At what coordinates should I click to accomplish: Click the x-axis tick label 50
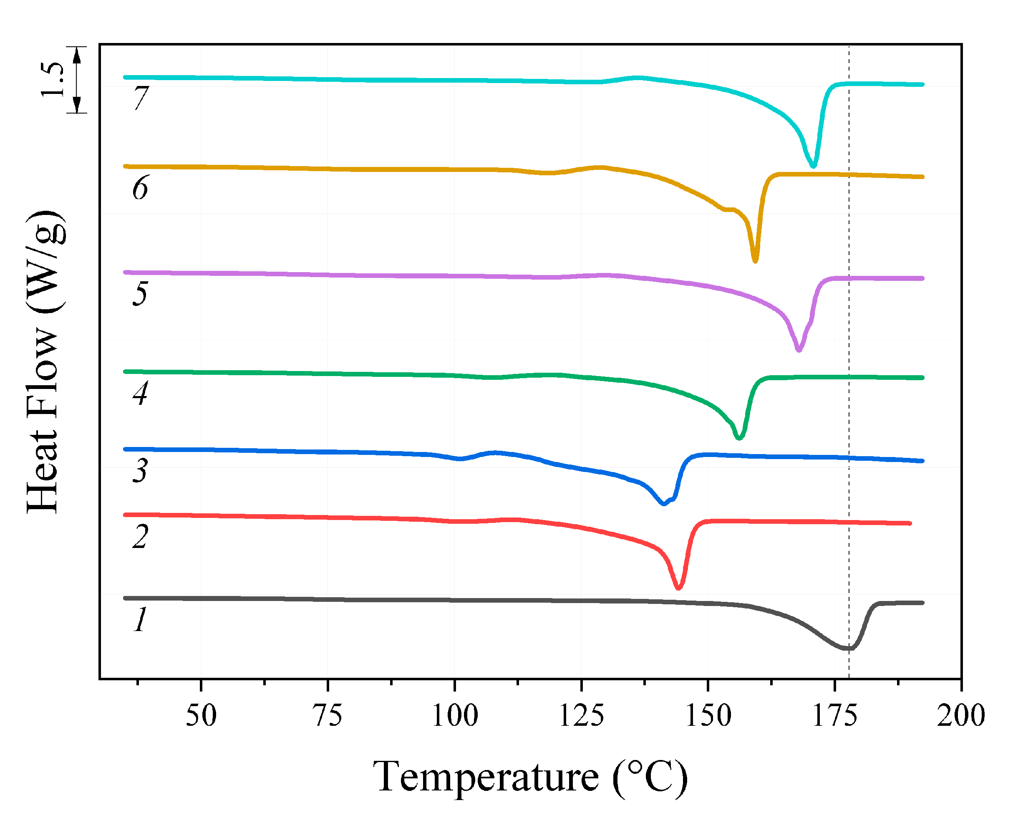[x=201, y=716]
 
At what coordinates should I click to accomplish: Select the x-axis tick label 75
[x=328, y=716]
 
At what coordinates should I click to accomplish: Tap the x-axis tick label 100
[x=455, y=716]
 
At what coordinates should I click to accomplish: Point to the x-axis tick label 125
[x=581, y=716]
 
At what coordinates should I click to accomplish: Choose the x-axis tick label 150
[x=708, y=716]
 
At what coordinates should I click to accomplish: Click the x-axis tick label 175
[x=835, y=716]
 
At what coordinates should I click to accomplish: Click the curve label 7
[x=141, y=98]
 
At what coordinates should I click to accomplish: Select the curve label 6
[x=140, y=187]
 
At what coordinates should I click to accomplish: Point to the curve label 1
[x=140, y=619]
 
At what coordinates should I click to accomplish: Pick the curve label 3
[x=140, y=470]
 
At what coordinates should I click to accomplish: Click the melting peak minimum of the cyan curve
[x=813, y=166]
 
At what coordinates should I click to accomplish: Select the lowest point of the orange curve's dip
[x=755, y=261]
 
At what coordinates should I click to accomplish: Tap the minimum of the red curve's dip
[x=678, y=588]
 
